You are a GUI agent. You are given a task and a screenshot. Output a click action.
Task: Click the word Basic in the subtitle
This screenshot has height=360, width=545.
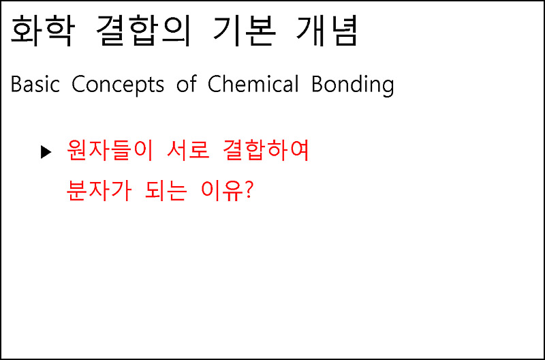click(35, 85)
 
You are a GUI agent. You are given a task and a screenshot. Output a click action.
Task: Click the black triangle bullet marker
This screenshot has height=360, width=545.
click(46, 151)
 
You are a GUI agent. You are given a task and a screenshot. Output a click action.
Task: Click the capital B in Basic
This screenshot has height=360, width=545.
click(16, 85)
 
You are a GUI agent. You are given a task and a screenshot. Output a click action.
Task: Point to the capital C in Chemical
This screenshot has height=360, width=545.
click(215, 85)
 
